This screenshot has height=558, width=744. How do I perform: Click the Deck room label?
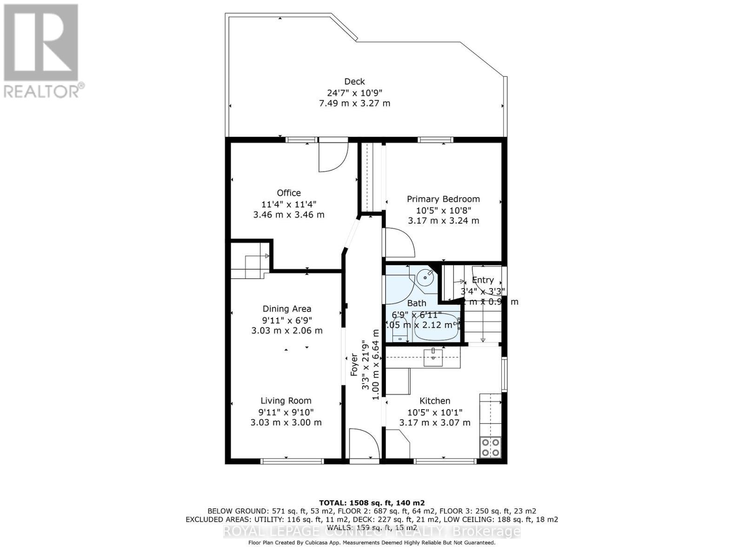click(354, 81)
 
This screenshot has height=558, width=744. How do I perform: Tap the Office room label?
click(289, 193)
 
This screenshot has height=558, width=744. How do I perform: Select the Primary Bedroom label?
click(443, 199)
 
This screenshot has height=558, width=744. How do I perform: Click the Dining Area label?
click(287, 309)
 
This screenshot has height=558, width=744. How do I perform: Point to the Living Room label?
click(286, 401)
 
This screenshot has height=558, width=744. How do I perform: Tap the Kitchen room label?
click(435, 401)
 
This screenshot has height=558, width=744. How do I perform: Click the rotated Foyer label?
click(354, 365)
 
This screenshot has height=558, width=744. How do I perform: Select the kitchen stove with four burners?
click(491, 447)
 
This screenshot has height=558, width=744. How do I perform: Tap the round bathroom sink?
click(425, 278)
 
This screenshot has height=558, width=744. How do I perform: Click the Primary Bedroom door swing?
click(399, 242)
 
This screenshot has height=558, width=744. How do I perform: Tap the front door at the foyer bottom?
click(364, 444)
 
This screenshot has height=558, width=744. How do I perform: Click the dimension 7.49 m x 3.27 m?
click(354, 103)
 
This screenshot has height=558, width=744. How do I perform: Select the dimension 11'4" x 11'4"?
click(289, 204)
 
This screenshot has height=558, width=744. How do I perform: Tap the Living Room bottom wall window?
click(292, 461)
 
